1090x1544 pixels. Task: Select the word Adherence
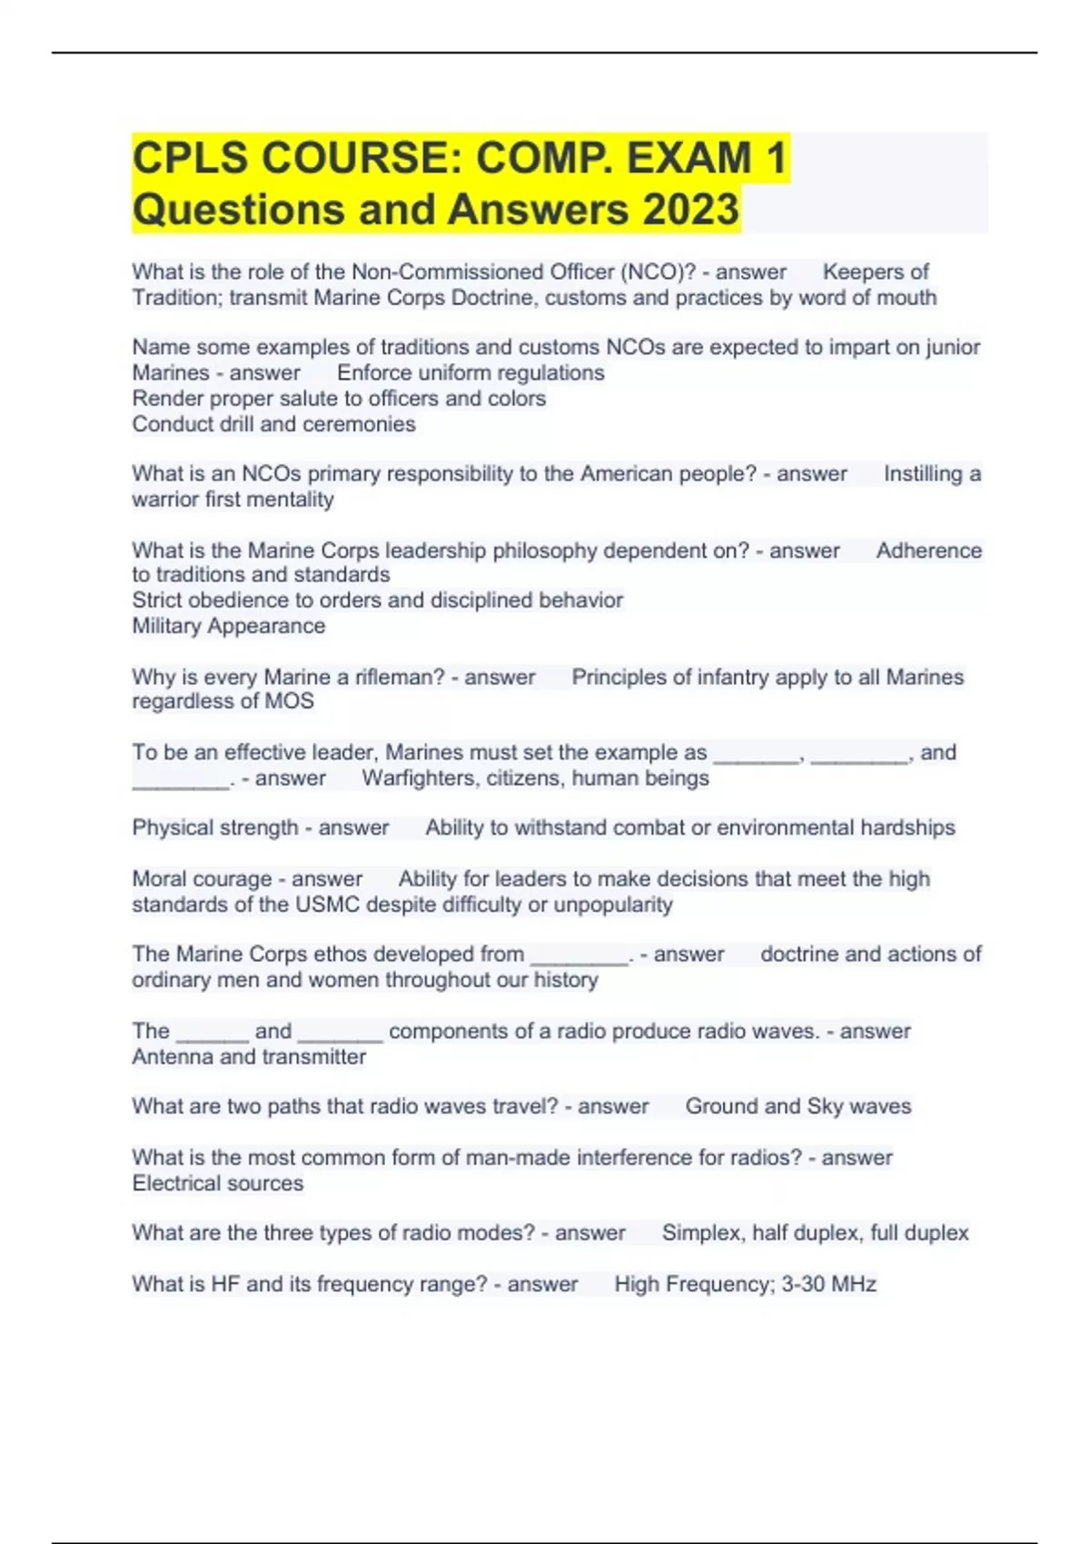pyautogui.click(x=928, y=550)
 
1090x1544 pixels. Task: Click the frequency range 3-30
pyautogui.click(x=799, y=1284)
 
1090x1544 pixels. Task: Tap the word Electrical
pyautogui.click(x=176, y=1183)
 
